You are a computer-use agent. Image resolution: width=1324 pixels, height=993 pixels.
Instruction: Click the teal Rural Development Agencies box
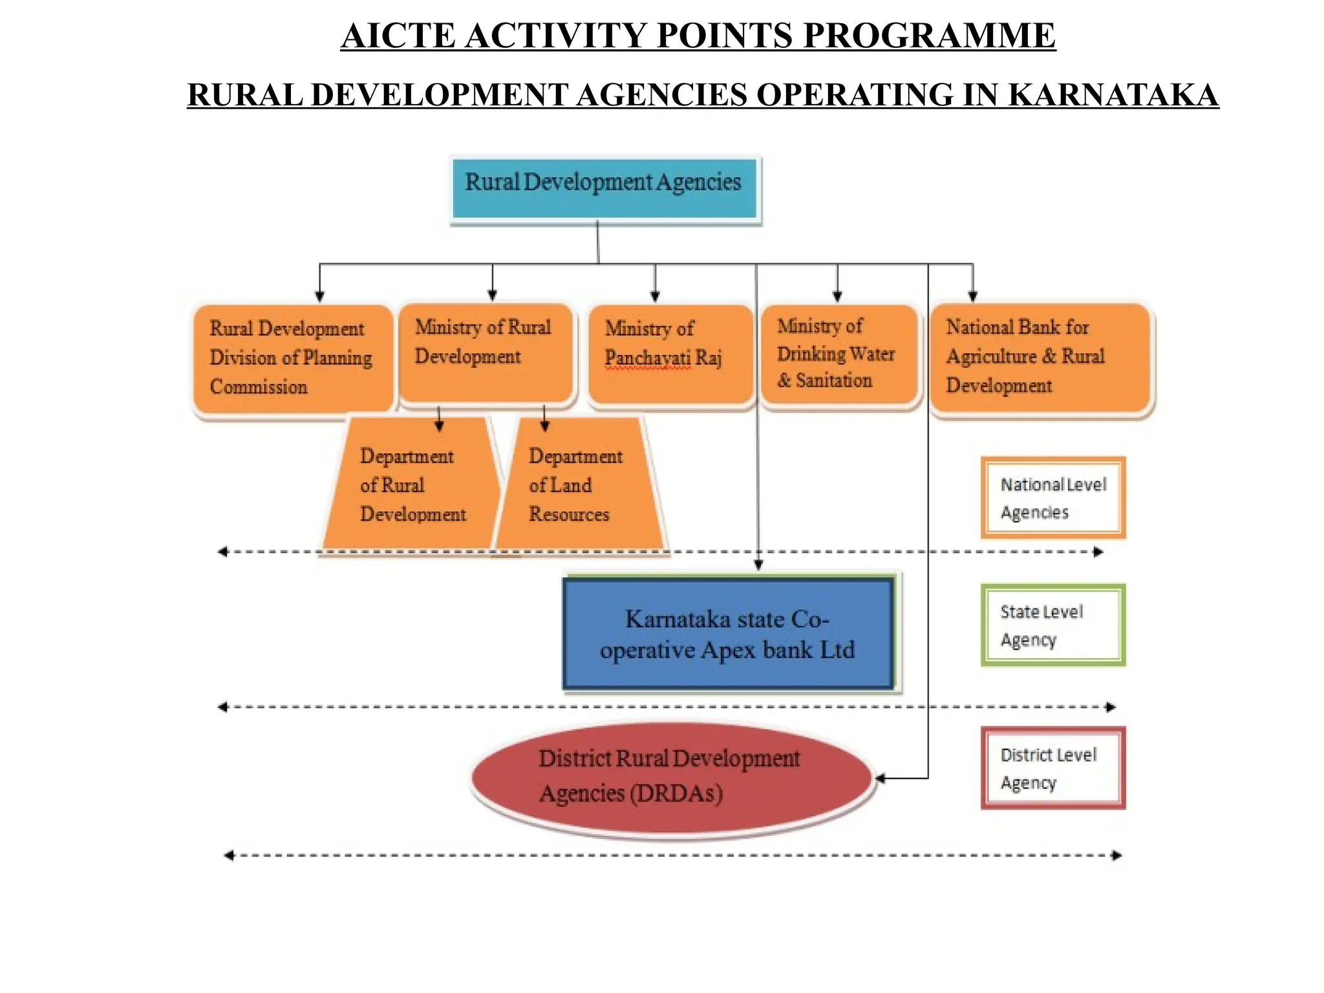(604, 188)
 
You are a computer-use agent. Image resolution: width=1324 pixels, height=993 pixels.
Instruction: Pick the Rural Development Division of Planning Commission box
(293, 359)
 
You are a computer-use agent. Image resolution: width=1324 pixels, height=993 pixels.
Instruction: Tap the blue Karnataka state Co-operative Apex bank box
(729, 634)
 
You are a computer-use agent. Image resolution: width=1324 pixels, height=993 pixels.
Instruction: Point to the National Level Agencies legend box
(1053, 498)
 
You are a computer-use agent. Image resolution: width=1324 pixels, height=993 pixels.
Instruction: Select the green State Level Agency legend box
(1053, 625)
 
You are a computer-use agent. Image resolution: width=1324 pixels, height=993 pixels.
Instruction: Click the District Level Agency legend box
(1053, 768)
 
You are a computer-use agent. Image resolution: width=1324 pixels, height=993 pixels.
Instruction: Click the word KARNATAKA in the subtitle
(1113, 95)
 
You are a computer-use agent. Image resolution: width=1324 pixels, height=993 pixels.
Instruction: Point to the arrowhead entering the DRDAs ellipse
(881, 778)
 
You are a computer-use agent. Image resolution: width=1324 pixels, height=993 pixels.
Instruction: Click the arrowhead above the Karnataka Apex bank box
(758, 564)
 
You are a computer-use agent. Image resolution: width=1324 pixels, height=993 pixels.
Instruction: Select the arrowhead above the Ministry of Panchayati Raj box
(655, 297)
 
